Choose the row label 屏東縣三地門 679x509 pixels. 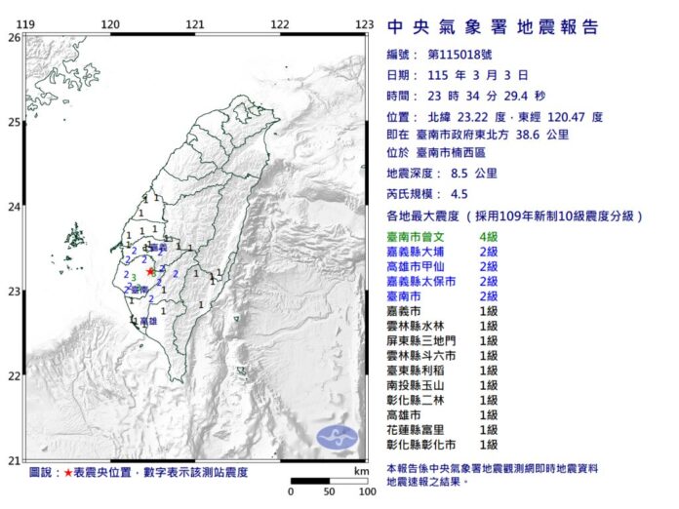[x=422, y=340]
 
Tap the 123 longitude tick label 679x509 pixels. [x=365, y=23]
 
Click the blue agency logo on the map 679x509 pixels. [x=338, y=438]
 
